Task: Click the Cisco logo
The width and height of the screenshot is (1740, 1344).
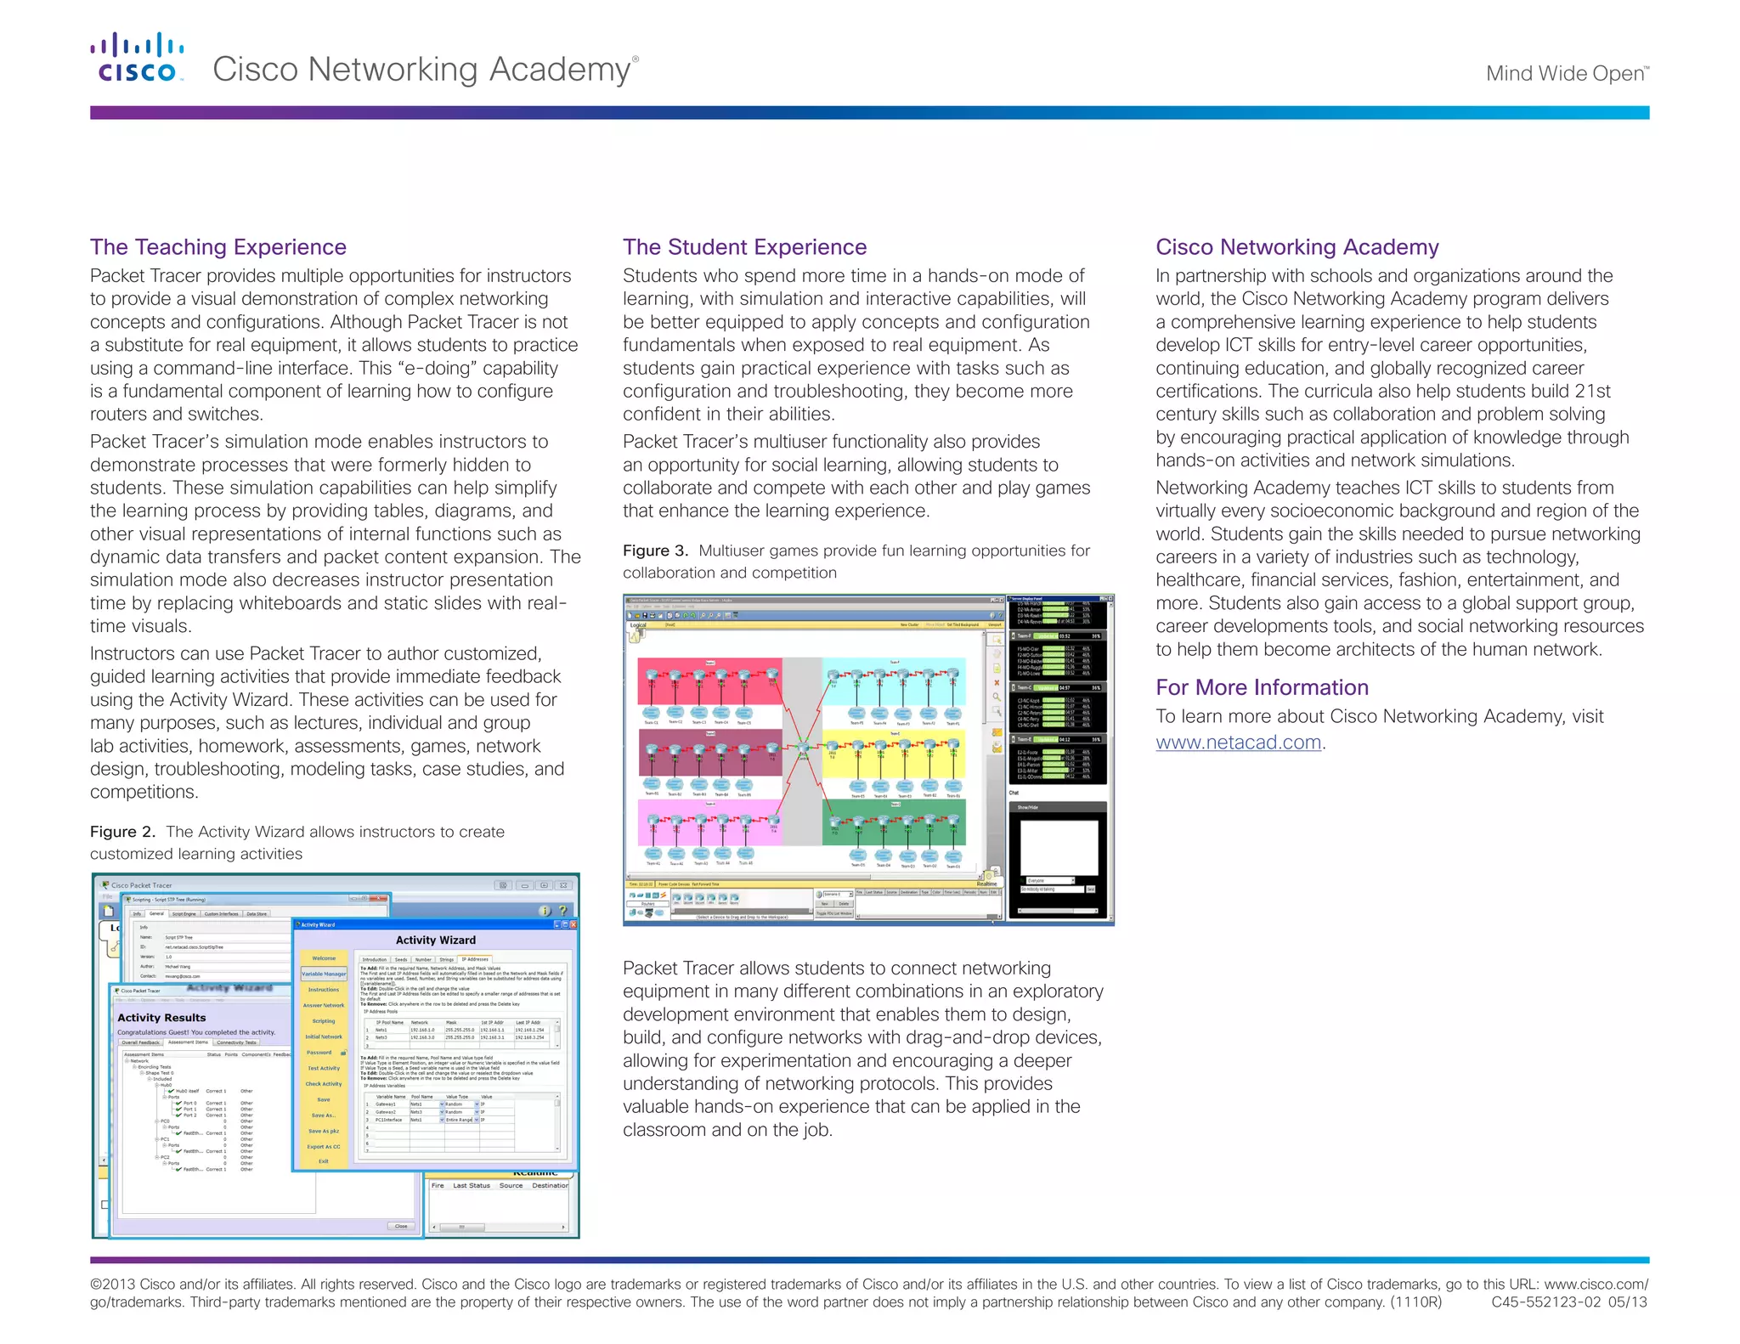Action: tap(137, 58)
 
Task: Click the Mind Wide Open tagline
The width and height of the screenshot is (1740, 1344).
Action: tap(1566, 74)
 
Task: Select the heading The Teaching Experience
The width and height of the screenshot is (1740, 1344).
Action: tap(218, 247)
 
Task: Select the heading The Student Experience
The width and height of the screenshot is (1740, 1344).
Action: tap(744, 247)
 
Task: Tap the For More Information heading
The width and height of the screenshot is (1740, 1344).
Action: tap(1262, 687)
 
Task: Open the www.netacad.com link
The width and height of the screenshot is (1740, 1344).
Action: tap(1238, 742)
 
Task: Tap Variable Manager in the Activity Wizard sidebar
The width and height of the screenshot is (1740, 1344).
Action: tap(324, 974)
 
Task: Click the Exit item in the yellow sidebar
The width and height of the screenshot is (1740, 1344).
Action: tap(324, 1161)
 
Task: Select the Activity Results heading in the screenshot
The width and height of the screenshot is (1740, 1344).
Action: tap(161, 1017)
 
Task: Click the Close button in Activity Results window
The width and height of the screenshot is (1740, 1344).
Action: tap(401, 1226)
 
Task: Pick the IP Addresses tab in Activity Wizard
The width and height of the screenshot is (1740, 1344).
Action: tap(475, 959)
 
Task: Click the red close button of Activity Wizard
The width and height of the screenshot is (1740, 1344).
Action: tap(573, 924)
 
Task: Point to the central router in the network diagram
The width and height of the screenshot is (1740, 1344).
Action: tap(803, 748)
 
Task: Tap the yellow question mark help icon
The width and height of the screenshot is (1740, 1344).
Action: tap(562, 911)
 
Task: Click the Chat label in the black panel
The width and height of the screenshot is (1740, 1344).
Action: tap(1014, 793)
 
